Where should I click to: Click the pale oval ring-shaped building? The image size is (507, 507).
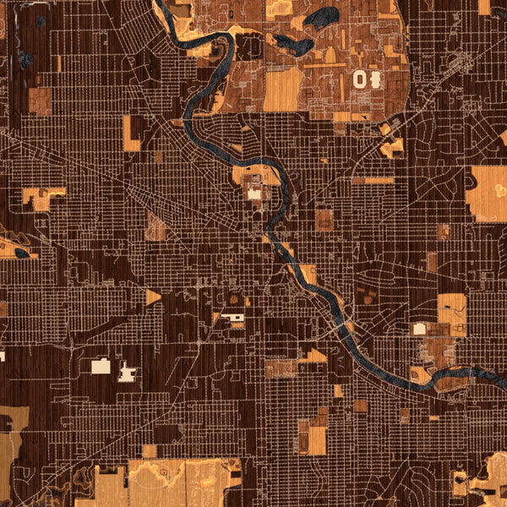click(x=361, y=79)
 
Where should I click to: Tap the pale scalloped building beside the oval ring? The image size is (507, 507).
click(x=374, y=79)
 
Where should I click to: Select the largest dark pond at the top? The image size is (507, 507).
click(x=321, y=17)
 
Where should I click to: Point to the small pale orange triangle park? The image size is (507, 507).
click(x=153, y=297)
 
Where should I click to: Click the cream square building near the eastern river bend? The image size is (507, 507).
click(x=419, y=328)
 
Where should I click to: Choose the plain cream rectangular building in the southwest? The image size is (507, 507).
click(x=101, y=366)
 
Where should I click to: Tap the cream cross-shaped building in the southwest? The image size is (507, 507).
click(x=127, y=371)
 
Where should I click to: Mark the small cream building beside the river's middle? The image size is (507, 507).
click(x=254, y=194)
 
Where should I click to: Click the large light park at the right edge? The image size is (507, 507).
click(x=487, y=193)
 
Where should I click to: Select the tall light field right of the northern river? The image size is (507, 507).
click(x=281, y=88)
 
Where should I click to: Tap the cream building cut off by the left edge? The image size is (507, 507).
click(x=2, y=356)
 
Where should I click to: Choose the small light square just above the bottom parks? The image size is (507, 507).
click(x=150, y=450)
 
